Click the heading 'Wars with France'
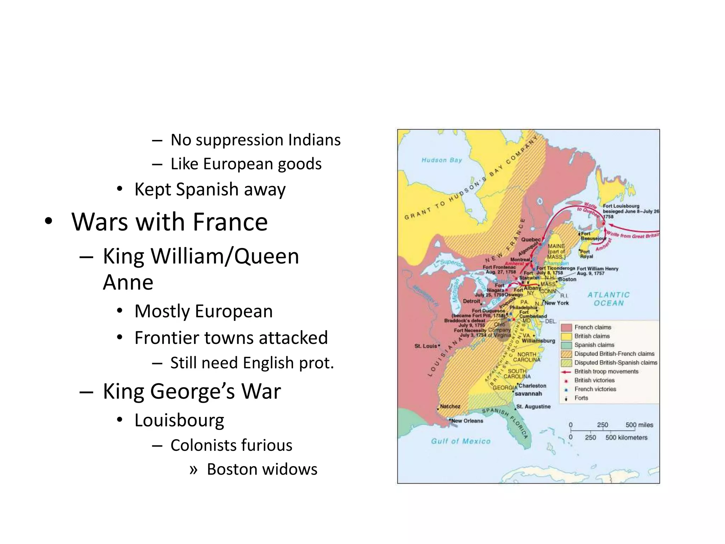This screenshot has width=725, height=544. pyautogui.click(x=170, y=222)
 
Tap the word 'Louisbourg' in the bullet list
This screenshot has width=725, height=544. pyautogui.click(x=179, y=420)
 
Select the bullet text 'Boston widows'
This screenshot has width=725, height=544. pyautogui.click(x=262, y=469)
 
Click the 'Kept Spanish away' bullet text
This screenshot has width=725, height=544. pyautogui.click(x=210, y=189)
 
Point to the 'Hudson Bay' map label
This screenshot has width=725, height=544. pyautogui.click(x=442, y=160)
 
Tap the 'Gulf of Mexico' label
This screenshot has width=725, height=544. pyautogui.click(x=461, y=441)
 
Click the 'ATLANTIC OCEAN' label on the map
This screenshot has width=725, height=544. pyautogui.click(x=609, y=299)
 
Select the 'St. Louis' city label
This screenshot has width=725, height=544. pyautogui.click(x=426, y=346)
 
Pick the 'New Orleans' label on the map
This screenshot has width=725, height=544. pyautogui.click(x=467, y=421)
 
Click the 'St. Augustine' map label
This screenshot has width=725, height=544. pyautogui.click(x=533, y=407)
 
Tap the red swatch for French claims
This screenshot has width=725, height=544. pyautogui.click(x=566, y=327)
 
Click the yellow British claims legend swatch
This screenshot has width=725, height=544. pyautogui.click(x=566, y=336)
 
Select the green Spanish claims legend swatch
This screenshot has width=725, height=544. pyautogui.click(x=566, y=345)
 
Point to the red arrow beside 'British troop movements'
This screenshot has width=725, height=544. pyautogui.click(x=566, y=372)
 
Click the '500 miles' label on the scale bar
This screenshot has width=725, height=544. pyautogui.click(x=639, y=425)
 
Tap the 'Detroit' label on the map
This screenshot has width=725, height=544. pyautogui.click(x=472, y=301)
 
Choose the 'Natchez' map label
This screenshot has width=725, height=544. pyautogui.click(x=450, y=406)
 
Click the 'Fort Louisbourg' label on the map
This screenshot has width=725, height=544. pyautogui.click(x=621, y=206)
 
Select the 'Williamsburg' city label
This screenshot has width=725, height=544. pyautogui.click(x=538, y=340)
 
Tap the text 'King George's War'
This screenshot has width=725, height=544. pyautogui.click(x=192, y=391)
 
